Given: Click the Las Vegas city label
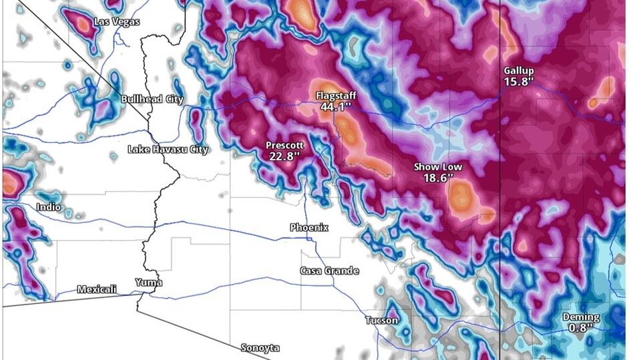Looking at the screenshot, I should coord(117,22).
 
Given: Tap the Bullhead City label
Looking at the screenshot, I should coord(152,100).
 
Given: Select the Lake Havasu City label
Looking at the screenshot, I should coord(168,150).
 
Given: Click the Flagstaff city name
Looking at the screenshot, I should coord(336,96).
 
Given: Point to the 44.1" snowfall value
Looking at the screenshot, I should coord(336,106).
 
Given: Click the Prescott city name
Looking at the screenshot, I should coord(284,145).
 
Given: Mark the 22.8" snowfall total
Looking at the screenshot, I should coord(284,156).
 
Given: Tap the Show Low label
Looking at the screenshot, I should coord(437,167).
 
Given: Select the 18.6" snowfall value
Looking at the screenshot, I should coord(437,178).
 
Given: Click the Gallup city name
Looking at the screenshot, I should coord(519,71).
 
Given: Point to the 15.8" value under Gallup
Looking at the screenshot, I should coord(519,81).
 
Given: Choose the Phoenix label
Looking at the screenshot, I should coord(309,228).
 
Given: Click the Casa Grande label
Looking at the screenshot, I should coord(329,271).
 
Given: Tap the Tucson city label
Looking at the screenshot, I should coord(382,321).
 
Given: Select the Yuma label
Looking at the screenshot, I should coord(148,282).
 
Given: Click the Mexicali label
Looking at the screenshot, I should coord(97,289).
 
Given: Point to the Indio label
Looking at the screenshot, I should coord(49,207).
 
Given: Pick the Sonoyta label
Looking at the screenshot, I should coord(260,348).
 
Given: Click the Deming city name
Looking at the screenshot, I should coord(580,317).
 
